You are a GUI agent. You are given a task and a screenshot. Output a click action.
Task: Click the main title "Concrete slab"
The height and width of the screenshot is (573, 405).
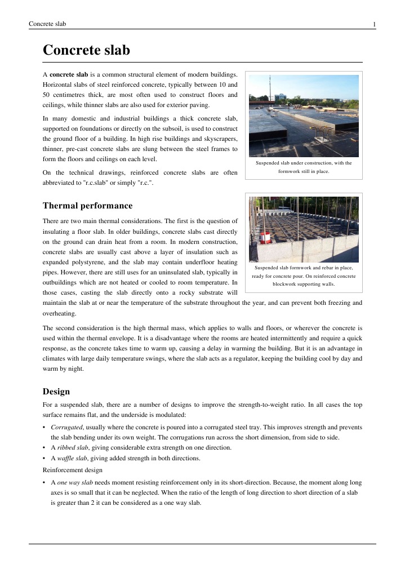pos(86,51)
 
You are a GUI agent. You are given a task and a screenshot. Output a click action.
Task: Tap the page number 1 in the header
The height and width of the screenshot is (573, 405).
pos(374,24)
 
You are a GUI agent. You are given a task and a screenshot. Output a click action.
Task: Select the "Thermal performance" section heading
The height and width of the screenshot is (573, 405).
pos(87,206)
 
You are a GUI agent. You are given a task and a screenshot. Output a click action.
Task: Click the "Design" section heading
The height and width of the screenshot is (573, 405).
pos(56,391)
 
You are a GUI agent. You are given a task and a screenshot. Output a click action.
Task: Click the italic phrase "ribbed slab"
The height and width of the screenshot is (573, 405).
pos(72,447)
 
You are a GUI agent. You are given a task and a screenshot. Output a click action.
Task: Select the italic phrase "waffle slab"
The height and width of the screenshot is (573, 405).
pos(73,458)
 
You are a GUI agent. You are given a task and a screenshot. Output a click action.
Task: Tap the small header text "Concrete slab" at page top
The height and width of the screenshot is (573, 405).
pos(47,24)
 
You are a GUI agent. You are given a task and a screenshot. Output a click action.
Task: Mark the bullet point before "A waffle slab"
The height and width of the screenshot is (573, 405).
pos(44,458)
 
